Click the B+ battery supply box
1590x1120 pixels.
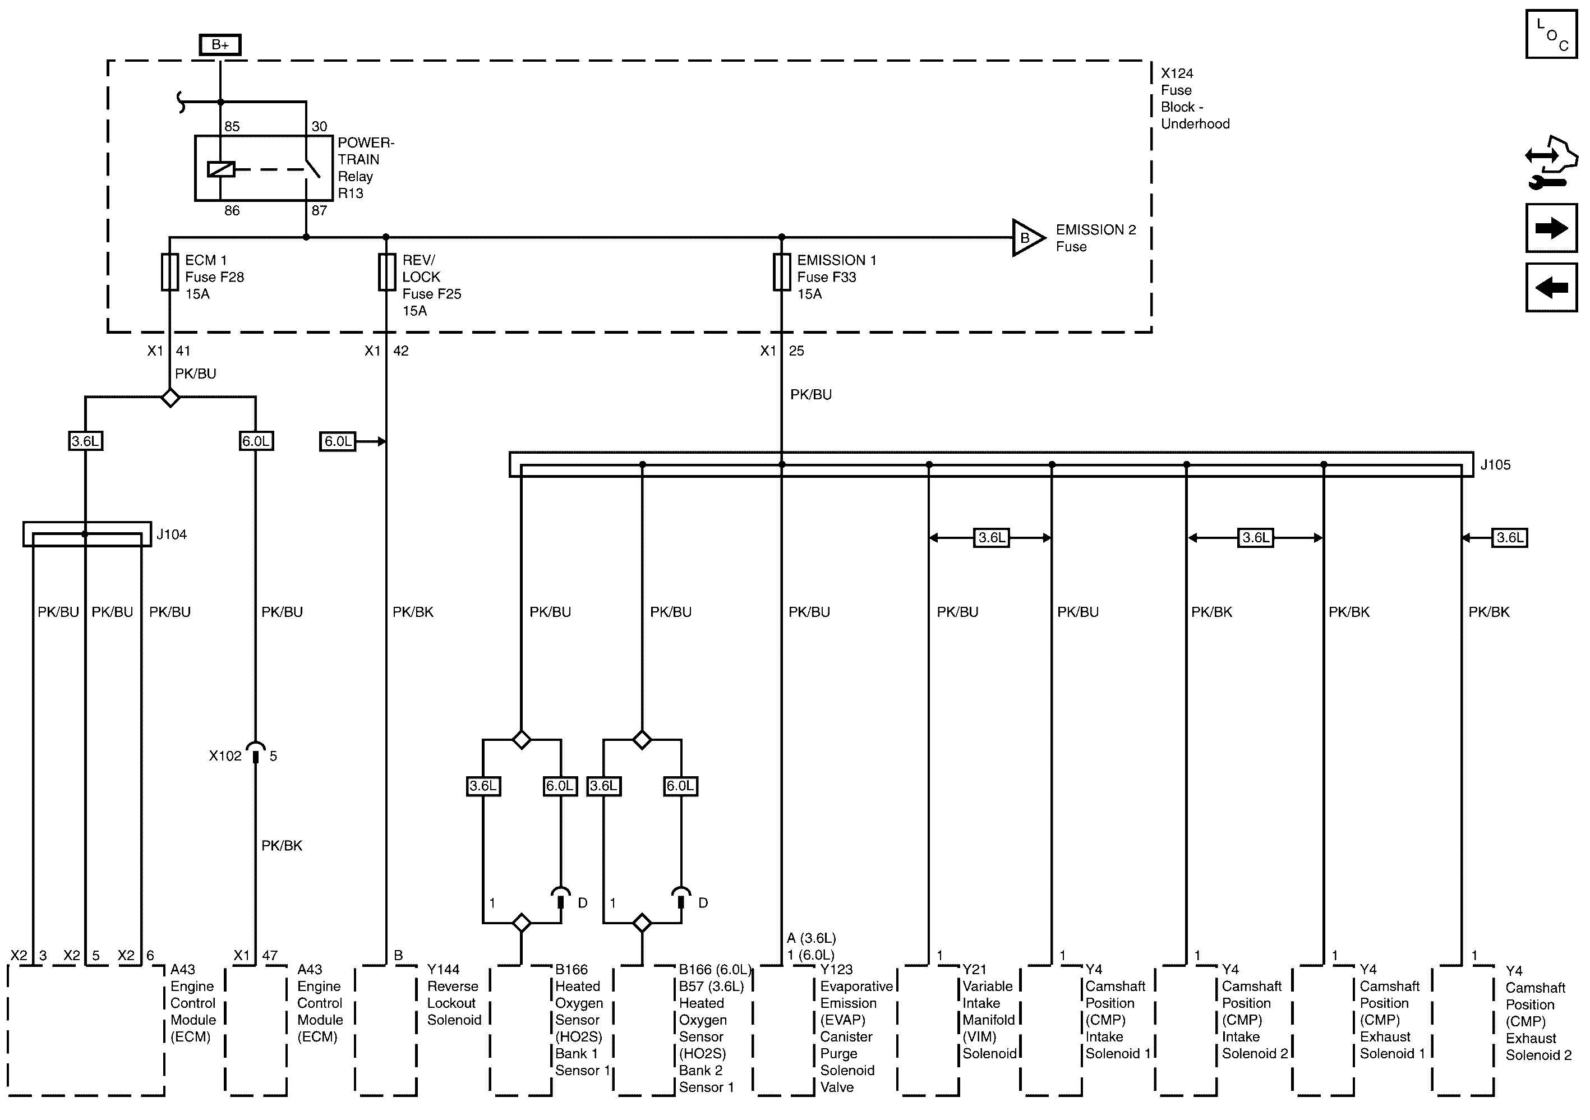tap(220, 45)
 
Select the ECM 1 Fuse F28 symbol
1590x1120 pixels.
tap(170, 271)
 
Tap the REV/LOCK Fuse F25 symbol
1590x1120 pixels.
tap(386, 271)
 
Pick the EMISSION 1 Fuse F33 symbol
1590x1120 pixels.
tap(782, 271)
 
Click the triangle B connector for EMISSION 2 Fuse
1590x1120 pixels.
tap(1027, 238)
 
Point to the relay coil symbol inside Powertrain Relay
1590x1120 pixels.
tap(221, 169)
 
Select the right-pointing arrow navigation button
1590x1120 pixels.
tap(1551, 228)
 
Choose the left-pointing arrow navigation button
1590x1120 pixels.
tap(1551, 287)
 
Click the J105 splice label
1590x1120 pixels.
tap(1495, 465)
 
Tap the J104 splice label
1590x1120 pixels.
tap(171, 534)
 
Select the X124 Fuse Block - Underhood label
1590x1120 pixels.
tap(1195, 98)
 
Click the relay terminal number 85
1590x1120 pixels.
tap(232, 126)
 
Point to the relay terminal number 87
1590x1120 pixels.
tap(319, 210)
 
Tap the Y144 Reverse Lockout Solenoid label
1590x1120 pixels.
tap(454, 994)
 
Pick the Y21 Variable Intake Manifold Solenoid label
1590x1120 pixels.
tap(989, 1011)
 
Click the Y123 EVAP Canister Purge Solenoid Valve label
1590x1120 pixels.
tap(856, 1028)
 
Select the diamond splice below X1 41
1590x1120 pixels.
tap(170, 398)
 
